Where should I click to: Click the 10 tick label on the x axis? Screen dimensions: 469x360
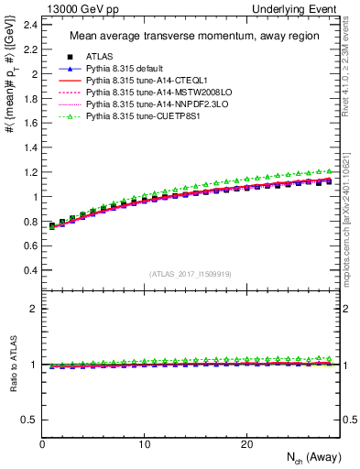click(x=144, y=444)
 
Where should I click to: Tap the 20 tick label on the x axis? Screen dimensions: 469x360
click(x=246, y=444)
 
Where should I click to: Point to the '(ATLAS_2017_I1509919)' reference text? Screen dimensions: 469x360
click(x=191, y=274)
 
